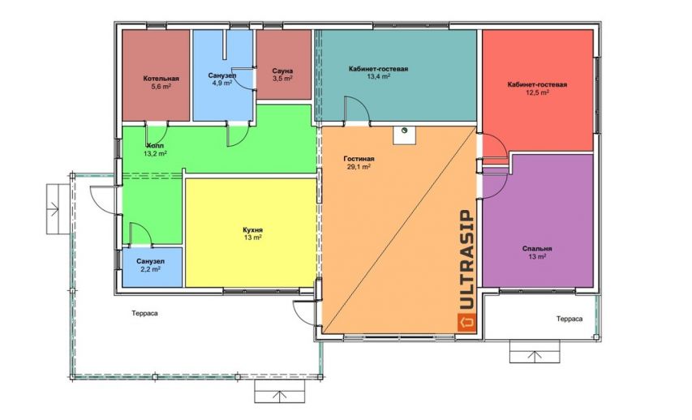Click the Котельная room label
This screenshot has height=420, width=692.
tap(161, 79)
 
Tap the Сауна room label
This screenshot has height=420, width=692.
tap(282, 71)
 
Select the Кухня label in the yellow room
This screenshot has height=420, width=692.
tap(253, 229)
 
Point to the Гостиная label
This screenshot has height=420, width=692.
tap(359, 159)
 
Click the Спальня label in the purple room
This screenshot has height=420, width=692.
tap(537, 249)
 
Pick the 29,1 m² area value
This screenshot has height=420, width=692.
tap(359, 167)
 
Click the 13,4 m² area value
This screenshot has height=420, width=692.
tap(378, 76)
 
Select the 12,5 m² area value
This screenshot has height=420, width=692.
tap(537, 92)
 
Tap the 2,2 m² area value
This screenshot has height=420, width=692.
tap(151, 269)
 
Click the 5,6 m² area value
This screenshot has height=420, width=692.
tap(161, 87)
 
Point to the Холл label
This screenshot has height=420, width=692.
tap(155, 146)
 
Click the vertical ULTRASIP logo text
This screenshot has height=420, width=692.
tap(467, 259)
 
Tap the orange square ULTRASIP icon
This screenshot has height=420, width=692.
tap(467, 322)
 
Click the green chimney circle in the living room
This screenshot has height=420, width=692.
tap(404, 131)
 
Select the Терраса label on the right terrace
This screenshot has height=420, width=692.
tap(570, 319)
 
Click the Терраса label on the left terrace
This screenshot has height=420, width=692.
tap(144, 313)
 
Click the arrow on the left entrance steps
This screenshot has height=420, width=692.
tap(54, 208)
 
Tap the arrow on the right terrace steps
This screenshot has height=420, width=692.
tap(535, 355)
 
